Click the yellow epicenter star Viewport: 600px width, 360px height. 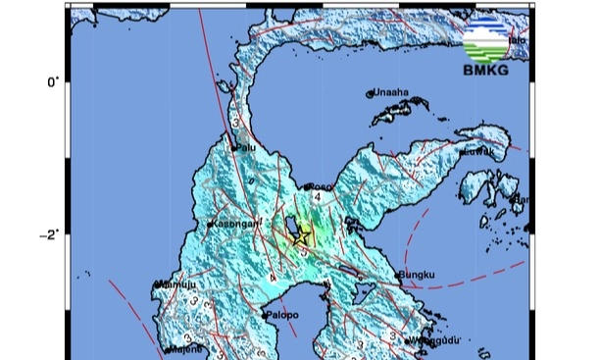tap(301, 235)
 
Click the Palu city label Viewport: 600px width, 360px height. tap(249, 149)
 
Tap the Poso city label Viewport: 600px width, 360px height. tap(321, 186)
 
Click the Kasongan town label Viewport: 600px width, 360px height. tap(234, 224)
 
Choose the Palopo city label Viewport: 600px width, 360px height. tap(281, 316)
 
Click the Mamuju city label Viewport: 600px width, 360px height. tap(174, 285)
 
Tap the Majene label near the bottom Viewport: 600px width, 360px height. tap(181, 348)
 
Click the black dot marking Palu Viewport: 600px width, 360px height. tap(236, 149)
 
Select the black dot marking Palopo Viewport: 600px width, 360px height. tap(266, 316)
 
